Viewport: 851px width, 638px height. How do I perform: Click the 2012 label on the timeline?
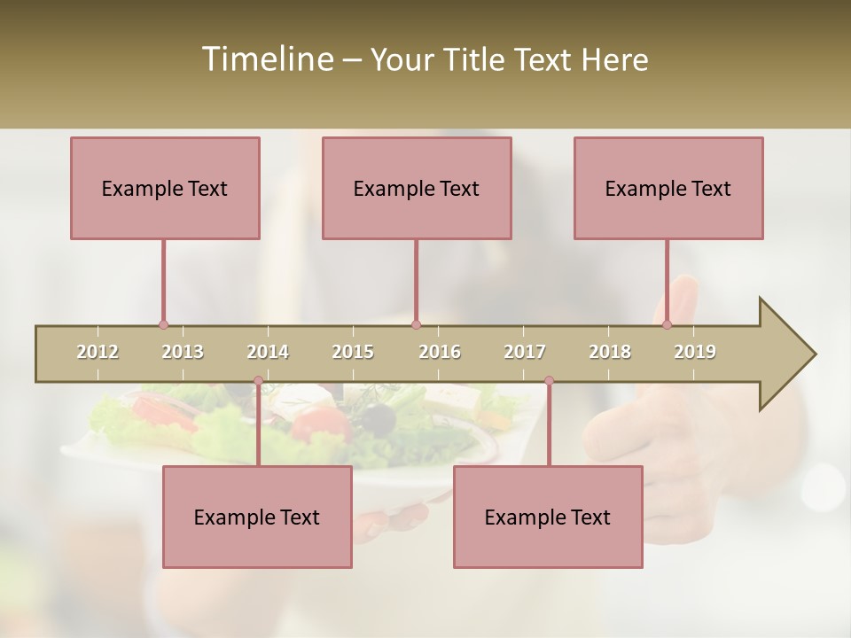[x=98, y=352]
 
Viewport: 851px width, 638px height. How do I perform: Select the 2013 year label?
[x=183, y=352]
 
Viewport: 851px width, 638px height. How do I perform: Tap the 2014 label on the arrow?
[x=268, y=352]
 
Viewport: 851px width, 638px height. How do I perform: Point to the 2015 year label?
[x=353, y=352]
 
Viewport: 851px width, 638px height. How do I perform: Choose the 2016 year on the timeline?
[x=440, y=352]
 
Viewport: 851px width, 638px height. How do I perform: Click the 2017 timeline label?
[x=525, y=352]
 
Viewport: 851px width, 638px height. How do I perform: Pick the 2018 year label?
[x=610, y=352]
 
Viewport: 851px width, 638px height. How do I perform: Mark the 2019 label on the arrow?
[x=695, y=352]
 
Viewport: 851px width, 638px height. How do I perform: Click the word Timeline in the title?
[x=266, y=59]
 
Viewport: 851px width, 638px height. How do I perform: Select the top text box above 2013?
[x=165, y=188]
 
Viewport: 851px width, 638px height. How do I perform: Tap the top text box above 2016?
[x=417, y=188]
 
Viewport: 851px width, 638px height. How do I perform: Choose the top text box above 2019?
[x=668, y=188]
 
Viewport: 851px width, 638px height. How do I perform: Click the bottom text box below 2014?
[x=257, y=517]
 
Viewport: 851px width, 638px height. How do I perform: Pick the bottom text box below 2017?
[x=548, y=517]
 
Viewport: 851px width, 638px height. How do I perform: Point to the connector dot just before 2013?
[x=163, y=325]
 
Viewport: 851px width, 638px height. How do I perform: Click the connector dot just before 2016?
[x=417, y=325]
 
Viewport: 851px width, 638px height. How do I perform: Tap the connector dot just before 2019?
[x=668, y=325]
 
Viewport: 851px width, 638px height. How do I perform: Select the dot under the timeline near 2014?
[x=258, y=381]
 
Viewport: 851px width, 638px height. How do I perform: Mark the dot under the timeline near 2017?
[x=549, y=381]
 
